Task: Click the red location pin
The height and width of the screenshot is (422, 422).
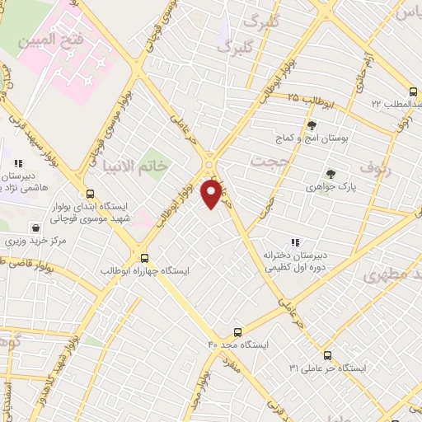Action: [x=212, y=193]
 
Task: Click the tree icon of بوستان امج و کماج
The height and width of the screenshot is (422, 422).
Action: [x=312, y=125]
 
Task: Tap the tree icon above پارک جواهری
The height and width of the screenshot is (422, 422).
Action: [x=331, y=174]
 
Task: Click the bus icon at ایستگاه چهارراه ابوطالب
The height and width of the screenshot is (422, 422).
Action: [x=144, y=256]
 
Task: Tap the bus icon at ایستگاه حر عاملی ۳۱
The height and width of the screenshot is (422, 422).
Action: [x=328, y=355]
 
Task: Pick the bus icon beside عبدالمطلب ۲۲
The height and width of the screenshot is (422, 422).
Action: [x=413, y=93]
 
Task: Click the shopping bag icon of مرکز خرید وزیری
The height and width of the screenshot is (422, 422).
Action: [x=35, y=227]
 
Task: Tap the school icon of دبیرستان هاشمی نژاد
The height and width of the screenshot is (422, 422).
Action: [x=18, y=165]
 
